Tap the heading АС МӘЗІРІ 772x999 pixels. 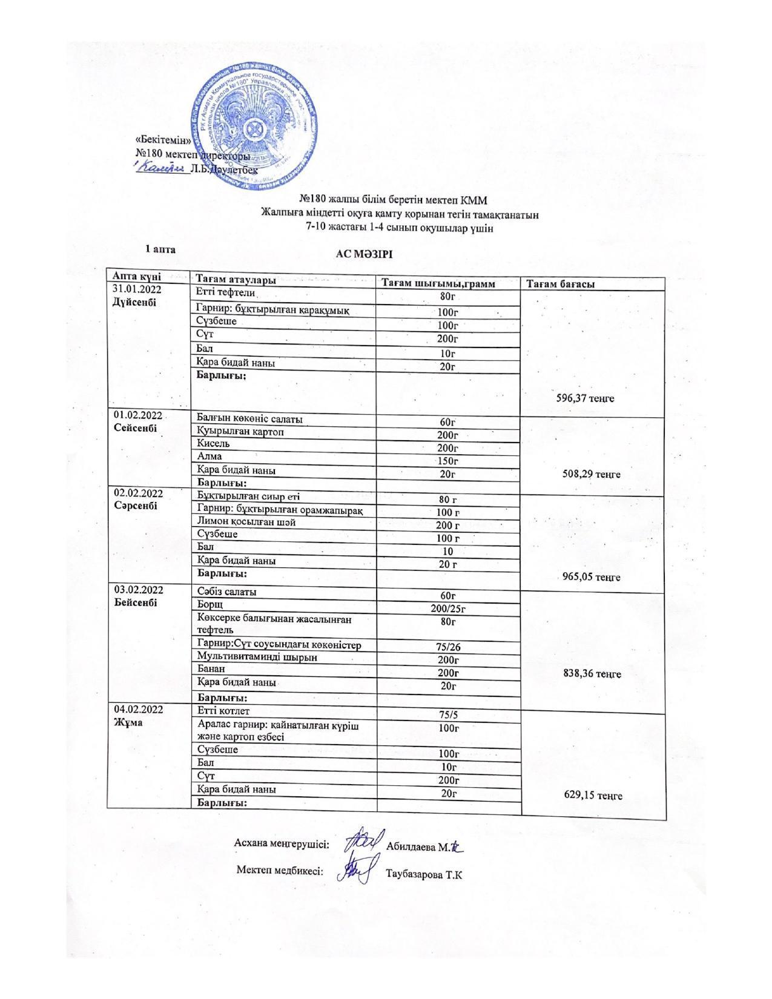(365, 254)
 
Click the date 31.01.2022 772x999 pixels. (137, 289)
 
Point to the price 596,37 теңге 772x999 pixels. (585, 398)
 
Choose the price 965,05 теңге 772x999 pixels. (592, 577)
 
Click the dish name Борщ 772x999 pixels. (210, 604)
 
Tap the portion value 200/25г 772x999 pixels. (448, 608)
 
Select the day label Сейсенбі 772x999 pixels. (135, 427)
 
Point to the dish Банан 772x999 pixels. (211, 669)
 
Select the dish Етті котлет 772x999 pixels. (223, 711)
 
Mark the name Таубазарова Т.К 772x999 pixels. (424, 874)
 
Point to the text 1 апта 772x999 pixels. (160, 248)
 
